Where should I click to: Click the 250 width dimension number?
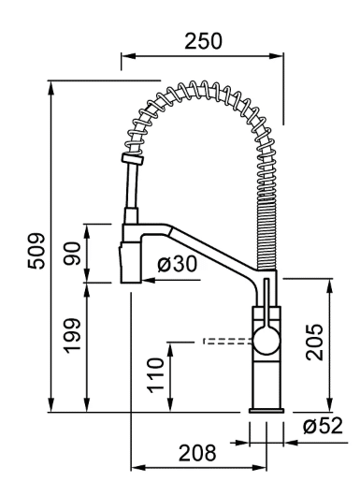click(203, 41)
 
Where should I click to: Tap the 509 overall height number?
click(36, 251)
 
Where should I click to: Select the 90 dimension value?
click(72, 254)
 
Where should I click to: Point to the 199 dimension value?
click(72, 336)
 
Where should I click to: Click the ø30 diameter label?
click(177, 264)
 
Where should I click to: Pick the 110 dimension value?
click(156, 375)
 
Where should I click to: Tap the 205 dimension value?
click(314, 342)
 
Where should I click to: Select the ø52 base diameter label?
click(323, 426)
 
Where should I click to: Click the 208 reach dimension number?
click(198, 453)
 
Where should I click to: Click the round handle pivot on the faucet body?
click(267, 341)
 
